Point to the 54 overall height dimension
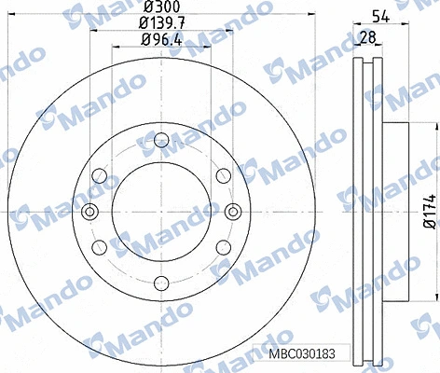[379, 16]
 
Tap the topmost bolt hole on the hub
[160, 141]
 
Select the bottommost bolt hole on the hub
[160, 283]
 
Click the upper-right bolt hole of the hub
[222, 176]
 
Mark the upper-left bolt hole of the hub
[99, 176]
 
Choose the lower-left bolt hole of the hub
[99, 247]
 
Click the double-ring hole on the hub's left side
[89, 212]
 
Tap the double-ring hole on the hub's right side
[231, 212]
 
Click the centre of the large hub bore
[160, 212]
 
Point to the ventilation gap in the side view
[369, 212]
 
